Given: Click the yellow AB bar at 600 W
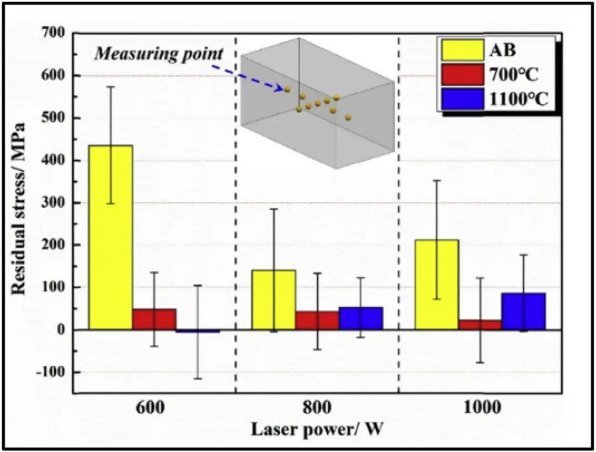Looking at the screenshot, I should point(111,238).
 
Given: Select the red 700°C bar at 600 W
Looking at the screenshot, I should point(154,319).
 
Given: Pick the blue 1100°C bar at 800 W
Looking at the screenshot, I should point(360,318).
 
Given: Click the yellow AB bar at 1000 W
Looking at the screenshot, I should point(437,285).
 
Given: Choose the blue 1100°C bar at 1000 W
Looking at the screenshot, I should point(523,311).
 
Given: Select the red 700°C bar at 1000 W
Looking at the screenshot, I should point(480,325).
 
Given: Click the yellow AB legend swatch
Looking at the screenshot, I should point(462,50).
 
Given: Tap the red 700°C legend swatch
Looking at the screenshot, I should point(462,75).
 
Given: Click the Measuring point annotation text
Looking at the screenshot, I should point(159,54).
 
